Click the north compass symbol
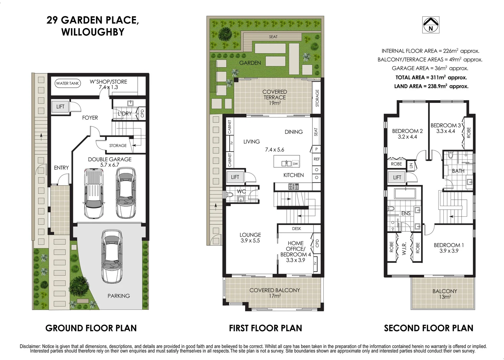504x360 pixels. click(x=431, y=25)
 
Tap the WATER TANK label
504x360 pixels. click(x=68, y=83)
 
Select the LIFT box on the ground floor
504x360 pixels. click(x=60, y=107)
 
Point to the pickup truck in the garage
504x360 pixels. click(x=93, y=193)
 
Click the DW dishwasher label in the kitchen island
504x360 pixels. click(x=295, y=164)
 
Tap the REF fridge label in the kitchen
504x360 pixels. click(x=316, y=159)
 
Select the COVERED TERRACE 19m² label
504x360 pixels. click(x=274, y=97)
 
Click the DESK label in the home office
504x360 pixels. click(x=296, y=229)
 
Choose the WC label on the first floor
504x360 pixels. click(x=241, y=191)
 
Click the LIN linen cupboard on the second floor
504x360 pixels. click(x=411, y=165)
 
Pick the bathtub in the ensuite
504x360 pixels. click(x=404, y=194)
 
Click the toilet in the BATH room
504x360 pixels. click(x=451, y=155)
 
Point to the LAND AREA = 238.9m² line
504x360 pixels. click(x=431, y=86)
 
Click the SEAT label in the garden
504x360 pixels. click(x=273, y=37)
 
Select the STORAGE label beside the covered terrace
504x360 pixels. click(x=317, y=98)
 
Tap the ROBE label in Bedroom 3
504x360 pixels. click(x=469, y=132)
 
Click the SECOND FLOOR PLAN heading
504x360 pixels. click(x=428, y=328)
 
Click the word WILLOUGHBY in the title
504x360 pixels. click(x=93, y=32)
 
